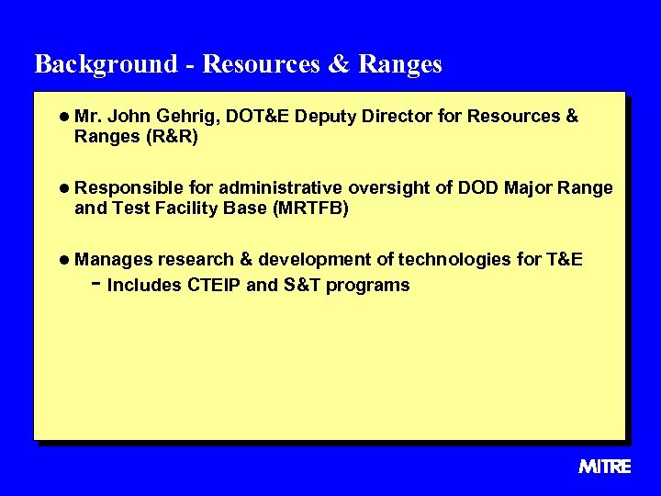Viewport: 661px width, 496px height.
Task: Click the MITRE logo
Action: click(604, 467)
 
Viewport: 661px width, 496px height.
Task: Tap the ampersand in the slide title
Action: click(336, 64)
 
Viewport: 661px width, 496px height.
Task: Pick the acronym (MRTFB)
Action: click(311, 209)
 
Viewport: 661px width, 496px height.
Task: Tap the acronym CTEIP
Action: click(214, 285)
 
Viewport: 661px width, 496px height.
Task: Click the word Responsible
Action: click(128, 188)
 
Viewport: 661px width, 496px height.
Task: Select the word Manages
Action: click(114, 260)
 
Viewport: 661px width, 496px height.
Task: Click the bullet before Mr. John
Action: click(63, 118)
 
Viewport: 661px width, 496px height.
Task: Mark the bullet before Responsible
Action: click(63, 188)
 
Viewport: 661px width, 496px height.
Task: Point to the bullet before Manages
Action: click(63, 260)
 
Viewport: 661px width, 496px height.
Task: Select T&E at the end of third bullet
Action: click(564, 260)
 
